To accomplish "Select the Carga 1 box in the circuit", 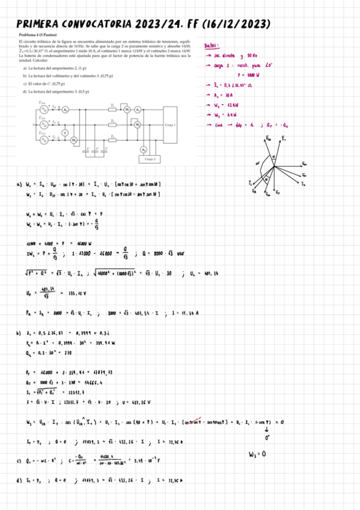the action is point(169,124).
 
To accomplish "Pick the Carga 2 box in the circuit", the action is point(149,159).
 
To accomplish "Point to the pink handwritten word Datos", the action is point(212,45).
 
